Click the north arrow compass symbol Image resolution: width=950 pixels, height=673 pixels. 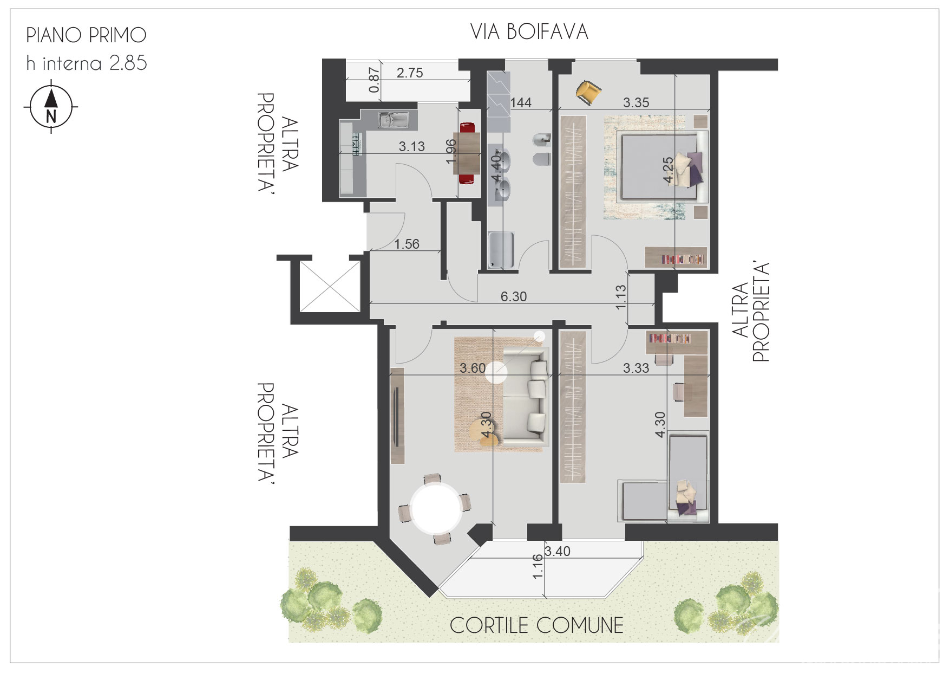click(x=51, y=107)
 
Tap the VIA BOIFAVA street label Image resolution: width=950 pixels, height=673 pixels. click(x=529, y=32)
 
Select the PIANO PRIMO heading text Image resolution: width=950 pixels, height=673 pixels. click(x=86, y=35)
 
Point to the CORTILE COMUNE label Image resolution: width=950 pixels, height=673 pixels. click(x=536, y=625)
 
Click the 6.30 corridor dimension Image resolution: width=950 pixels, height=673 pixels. click(x=513, y=296)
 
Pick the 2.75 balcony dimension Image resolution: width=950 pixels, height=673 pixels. click(x=410, y=73)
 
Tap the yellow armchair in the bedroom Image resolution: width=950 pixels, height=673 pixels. click(x=588, y=92)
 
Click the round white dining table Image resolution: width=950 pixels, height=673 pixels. click(x=436, y=509)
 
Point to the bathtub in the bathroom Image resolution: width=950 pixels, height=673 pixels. click(x=501, y=250)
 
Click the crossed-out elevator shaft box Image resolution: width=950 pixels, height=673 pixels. click(x=330, y=286)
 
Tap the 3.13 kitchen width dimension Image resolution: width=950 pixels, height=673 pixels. click(x=411, y=146)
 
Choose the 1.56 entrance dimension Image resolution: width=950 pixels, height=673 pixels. click(x=407, y=244)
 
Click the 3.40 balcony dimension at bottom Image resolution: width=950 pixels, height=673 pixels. click(x=557, y=551)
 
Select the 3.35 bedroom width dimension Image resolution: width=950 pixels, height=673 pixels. click(x=635, y=102)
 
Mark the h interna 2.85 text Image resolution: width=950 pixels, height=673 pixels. click(x=87, y=63)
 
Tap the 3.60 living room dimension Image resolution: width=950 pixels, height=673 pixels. click(x=473, y=368)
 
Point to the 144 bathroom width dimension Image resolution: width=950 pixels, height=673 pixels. click(x=521, y=102)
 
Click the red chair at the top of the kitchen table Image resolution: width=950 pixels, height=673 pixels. click(x=467, y=128)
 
